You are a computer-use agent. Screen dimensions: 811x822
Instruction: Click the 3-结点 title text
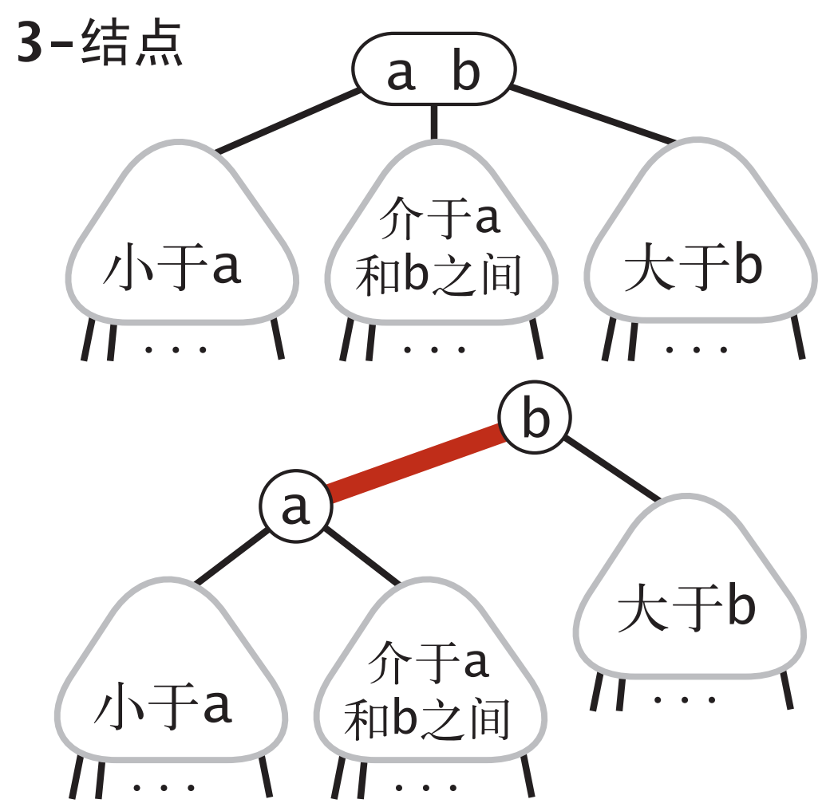point(99,46)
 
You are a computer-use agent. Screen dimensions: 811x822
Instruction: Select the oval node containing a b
point(433,69)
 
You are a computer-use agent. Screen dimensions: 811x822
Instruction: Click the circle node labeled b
point(535,419)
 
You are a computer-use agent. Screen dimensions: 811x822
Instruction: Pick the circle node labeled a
point(295,507)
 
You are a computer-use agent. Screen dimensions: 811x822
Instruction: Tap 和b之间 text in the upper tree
point(438,275)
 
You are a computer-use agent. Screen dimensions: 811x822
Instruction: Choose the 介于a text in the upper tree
point(439,217)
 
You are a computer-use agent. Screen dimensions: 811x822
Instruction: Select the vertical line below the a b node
point(433,121)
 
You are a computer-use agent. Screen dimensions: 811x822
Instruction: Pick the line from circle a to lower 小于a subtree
point(231,554)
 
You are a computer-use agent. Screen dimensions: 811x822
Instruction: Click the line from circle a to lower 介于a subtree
point(362,555)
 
